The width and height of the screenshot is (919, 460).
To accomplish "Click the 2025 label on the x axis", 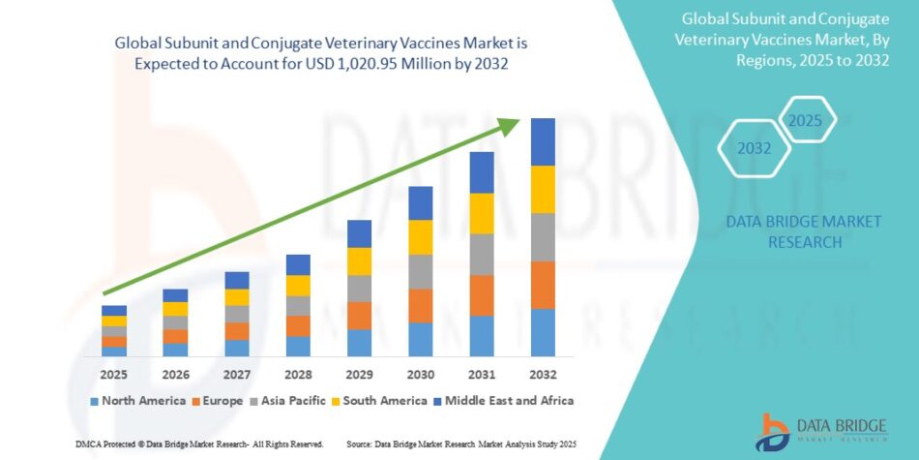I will [x=114, y=374].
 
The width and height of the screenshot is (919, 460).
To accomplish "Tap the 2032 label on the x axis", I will [x=543, y=374].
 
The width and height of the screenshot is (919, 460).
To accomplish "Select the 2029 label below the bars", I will [x=359, y=374].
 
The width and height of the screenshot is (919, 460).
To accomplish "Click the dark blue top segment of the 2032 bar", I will [x=543, y=141].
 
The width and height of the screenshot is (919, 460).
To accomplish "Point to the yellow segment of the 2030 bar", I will [x=420, y=237].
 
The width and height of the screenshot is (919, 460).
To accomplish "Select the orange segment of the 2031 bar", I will [x=482, y=295].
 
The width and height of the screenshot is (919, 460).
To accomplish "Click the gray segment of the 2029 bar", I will [x=359, y=289].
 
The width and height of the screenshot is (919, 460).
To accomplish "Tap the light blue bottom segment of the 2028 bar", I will [x=298, y=346].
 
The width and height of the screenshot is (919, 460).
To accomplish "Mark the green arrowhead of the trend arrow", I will [x=515, y=125].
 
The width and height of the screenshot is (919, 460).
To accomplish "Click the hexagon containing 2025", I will [x=803, y=121].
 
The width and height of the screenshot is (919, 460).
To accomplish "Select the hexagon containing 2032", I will [x=755, y=148].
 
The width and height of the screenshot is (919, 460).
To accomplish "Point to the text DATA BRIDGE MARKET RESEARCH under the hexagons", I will [x=804, y=231].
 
